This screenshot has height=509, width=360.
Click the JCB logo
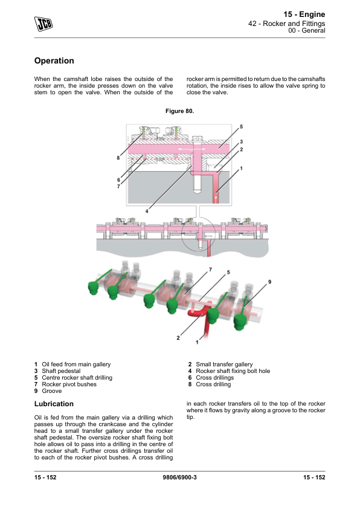43,24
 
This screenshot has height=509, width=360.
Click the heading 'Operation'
54,60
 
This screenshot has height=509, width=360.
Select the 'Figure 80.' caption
179,111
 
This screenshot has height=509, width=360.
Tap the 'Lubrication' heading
54,404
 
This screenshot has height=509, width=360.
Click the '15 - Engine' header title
304,15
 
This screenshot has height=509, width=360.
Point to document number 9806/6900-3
179,477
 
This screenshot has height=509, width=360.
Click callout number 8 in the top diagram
118,158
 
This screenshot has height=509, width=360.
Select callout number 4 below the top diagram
147,211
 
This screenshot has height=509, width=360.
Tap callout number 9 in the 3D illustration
269,282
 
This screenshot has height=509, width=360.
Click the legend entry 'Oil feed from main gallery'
76,365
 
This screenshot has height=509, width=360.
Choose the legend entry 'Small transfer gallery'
224,365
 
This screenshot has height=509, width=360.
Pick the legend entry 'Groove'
51,391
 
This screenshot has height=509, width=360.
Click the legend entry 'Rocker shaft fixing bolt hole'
233,371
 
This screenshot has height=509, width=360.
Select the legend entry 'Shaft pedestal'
61,371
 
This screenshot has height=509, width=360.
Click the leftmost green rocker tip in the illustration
94,288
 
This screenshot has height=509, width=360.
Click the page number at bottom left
45,477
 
